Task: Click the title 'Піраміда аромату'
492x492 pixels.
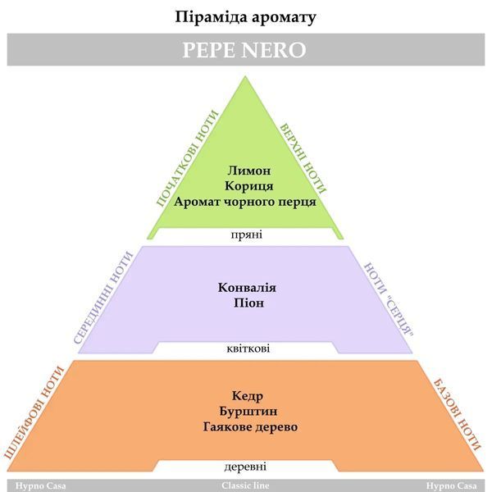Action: pos(245,17)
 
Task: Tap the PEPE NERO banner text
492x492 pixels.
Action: pos(244,49)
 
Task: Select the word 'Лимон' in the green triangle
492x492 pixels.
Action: pos(248,171)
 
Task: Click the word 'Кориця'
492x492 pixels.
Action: pos(248,186)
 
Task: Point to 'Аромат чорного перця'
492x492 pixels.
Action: pos(245,202)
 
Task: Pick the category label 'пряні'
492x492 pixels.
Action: pos(247,235)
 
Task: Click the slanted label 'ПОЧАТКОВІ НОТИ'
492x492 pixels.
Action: pos(187,158)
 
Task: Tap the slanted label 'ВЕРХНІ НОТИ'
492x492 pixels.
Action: pos(303,157)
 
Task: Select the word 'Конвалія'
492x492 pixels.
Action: pos(247,288)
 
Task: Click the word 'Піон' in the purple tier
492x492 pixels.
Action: pos(248,303)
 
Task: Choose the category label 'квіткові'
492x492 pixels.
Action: pos(248,348)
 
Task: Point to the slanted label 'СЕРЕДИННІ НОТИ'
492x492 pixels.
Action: pos(103,298)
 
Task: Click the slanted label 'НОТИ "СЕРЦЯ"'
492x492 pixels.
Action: pos(389,299)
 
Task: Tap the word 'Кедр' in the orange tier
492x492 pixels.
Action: pos(248,396)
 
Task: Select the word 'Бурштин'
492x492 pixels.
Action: pos(248,412)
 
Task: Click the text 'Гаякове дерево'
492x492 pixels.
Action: pos(250,427)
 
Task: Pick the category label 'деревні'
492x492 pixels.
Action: pos(245,467)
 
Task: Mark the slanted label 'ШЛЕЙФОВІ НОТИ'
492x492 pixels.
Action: pos(34,413)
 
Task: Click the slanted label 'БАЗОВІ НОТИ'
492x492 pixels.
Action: pos(457,415)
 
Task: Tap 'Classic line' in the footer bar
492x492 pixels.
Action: pos(245,485)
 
